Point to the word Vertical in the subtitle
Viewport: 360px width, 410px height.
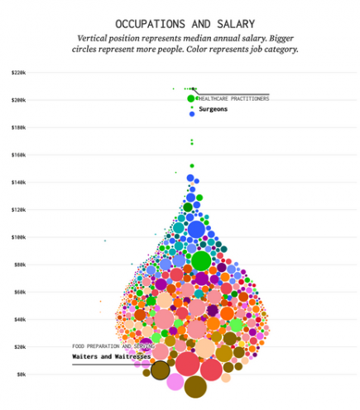click(x=96, y=39)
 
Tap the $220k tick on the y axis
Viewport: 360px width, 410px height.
click(x=18, y=73)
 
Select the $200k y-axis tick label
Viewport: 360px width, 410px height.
click(x=18, y=100)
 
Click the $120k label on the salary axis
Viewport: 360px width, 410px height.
click(x=18, y=209)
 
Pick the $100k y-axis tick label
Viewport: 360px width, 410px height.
click(x=18, y=237)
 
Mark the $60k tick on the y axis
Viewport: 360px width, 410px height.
click(x=19, y=292)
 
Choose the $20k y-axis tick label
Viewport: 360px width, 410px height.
click(x=19, y=346)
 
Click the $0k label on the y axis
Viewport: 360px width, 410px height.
click(x=21, y=374)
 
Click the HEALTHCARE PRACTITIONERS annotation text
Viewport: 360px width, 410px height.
click(x=233, y=98)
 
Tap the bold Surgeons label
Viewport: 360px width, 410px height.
click(x=213, y=109)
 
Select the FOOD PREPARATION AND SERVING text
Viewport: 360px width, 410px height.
click(x=113, y=346)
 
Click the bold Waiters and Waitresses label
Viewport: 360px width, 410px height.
click(x=111, y=357)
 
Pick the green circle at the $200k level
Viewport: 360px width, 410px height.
click(x=192, y=99)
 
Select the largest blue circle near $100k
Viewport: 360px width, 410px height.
click(x=196, y=229)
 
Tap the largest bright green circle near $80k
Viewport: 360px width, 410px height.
click(x=201, y=260)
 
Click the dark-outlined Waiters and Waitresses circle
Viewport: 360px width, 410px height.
click(x=161, y=370)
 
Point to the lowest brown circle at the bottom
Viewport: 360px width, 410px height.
click(x=195, y=386)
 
